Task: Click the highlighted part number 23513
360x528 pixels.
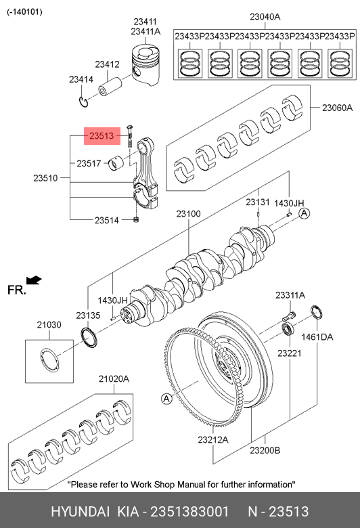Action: [x=102, y=135]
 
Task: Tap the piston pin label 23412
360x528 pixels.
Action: [x=107, y=64]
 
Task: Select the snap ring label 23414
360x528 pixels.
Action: [x=81, y=79]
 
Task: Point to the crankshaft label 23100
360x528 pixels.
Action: [x=189, y=214]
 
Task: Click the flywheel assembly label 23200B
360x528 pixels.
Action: [x=265, y=450]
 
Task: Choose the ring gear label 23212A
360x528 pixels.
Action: [x=213, y=440]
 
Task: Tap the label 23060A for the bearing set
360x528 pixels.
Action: [x=338, y=108]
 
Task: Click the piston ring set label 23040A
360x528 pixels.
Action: [x=265, y=16]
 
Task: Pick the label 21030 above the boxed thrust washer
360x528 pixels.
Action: [x=49, y=325]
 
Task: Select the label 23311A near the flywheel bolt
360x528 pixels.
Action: [x=290, y=295]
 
